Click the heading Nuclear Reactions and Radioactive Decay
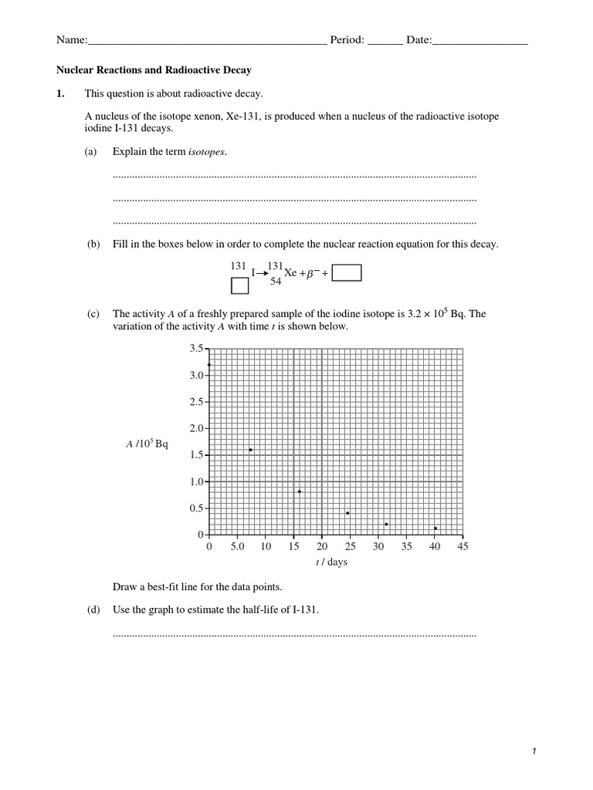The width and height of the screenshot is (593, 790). [x=154, y=69]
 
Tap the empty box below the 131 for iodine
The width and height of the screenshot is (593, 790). [x=240, y=286]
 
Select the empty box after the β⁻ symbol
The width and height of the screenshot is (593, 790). [x=347, y=273]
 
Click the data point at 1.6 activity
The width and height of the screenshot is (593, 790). [x=250, y=450]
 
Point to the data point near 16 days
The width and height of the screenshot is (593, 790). [x=299, y=491]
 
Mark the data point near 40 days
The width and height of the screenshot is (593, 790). [x=435, y=528]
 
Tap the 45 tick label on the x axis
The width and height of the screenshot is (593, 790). [x=463, y=546]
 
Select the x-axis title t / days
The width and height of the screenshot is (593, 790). [x=331, y=562]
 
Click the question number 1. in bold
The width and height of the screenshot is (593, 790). [x=62, y=93]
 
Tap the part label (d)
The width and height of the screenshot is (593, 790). [x=93, y=609]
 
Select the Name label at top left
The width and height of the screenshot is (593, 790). [x=71, y=40]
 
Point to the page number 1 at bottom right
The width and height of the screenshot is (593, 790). [x=533, y=751]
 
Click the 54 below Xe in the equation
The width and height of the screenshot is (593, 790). [x=276, y=282]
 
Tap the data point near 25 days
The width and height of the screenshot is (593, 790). [x=347, y=513]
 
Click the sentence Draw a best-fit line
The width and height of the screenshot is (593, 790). [x=192, y=586]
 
